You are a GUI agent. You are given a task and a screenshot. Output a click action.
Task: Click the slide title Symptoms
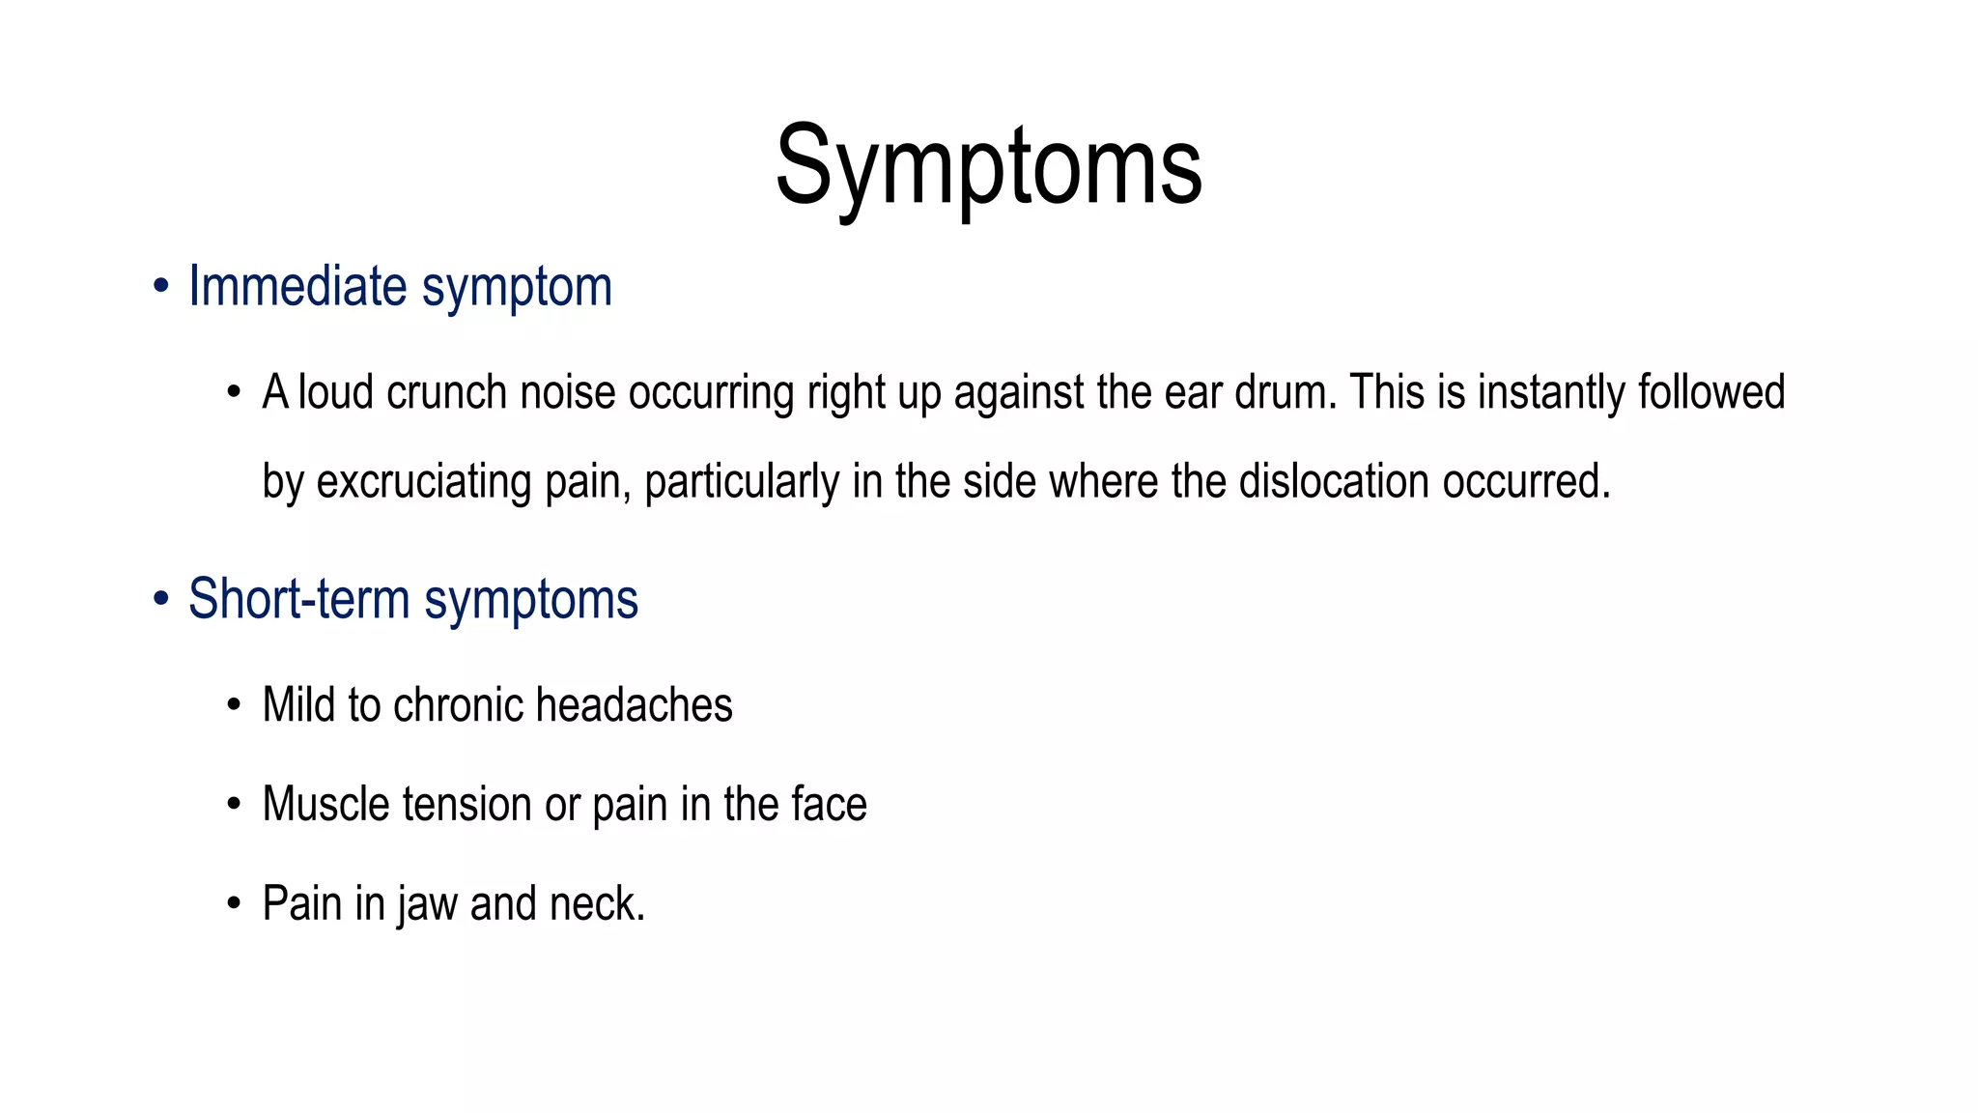988,166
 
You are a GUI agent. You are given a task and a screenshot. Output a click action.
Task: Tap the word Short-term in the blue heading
298,599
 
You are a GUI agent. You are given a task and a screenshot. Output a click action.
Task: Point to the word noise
567,393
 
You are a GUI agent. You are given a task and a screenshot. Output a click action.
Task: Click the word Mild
298,705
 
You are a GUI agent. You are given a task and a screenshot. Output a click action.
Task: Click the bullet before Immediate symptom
161,288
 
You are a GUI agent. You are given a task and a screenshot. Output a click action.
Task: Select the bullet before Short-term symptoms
161,600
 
